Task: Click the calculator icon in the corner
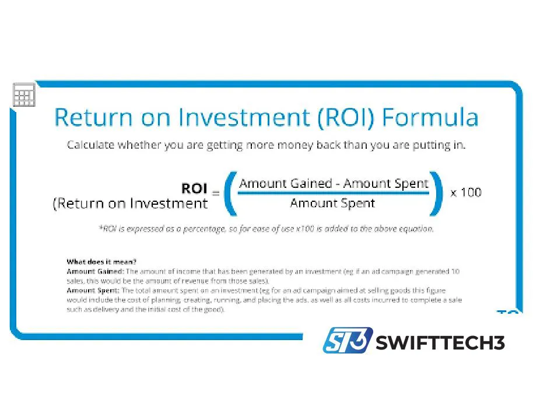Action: click(24, 94)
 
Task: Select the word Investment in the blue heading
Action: click(246, 117)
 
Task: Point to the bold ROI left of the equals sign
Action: click(194, 188)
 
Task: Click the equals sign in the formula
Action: click(215, 193)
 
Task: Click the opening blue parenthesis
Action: click(229, 193)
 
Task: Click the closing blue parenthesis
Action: click(436, 193)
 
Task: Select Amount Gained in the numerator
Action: click(285, 183)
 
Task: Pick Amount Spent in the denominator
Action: click(332, 204)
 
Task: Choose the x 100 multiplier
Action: click(465, 192)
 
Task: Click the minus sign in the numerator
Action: click(338, 184)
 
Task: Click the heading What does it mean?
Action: click(101, 261)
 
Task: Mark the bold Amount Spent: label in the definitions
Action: click(92, 290)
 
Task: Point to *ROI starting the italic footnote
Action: click(108, 229)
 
